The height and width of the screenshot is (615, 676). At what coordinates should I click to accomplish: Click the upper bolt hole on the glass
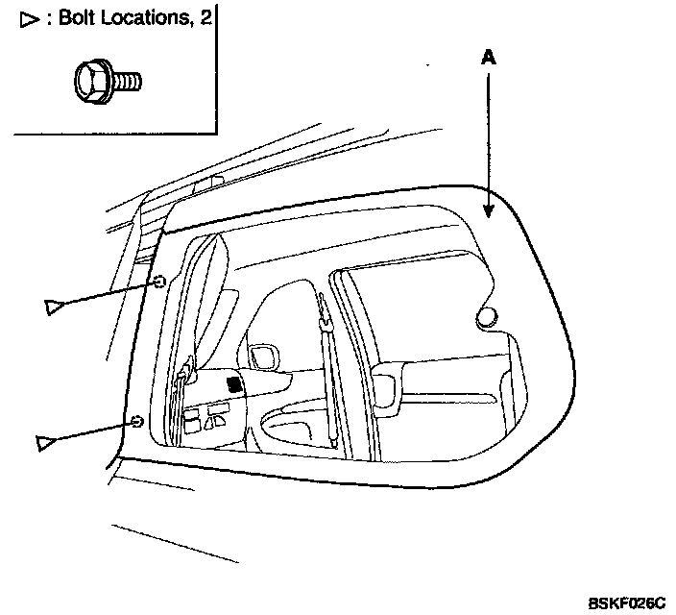point(160,281)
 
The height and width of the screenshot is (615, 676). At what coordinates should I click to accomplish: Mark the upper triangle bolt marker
point(54,307)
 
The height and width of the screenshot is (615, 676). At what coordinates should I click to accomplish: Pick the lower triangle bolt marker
point(44,442)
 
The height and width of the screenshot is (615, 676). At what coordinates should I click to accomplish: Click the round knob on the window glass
point(488,316)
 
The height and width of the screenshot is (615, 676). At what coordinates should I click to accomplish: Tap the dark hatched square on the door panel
point(233,384)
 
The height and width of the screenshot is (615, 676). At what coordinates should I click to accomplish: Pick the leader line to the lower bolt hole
point(91,431)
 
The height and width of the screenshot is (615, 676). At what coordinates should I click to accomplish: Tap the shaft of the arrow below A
point(488,135)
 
